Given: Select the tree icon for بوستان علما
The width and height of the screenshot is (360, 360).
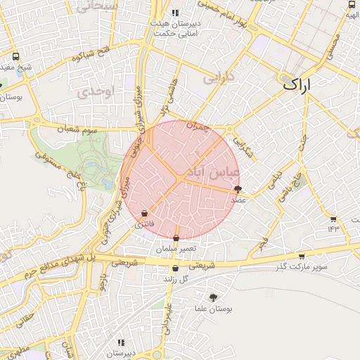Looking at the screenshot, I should [214, 297].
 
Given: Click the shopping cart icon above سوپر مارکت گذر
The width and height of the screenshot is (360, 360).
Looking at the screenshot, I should [302, 257].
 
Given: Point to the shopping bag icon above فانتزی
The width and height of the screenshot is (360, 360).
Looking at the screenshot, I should [144, 213].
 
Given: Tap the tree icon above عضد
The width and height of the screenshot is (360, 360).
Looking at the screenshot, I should [238, 188].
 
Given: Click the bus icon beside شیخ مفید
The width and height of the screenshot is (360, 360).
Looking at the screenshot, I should [16, 57].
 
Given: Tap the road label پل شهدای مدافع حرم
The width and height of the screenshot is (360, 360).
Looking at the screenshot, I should [58, 264].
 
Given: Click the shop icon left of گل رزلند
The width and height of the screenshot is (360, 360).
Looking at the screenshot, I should [175, 268].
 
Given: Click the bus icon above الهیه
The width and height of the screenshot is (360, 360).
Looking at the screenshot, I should [352, 4].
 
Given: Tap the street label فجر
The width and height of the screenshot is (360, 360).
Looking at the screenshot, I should [262, 243].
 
